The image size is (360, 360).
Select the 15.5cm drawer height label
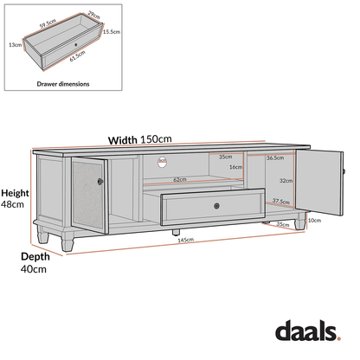coord(110,31)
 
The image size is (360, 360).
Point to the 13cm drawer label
coord(15,43)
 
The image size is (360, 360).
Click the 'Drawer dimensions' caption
coord(61,84)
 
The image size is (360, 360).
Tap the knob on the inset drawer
coord(77,42)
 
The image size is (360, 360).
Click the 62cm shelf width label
coord(180,179)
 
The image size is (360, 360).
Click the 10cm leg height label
coord(314,220)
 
